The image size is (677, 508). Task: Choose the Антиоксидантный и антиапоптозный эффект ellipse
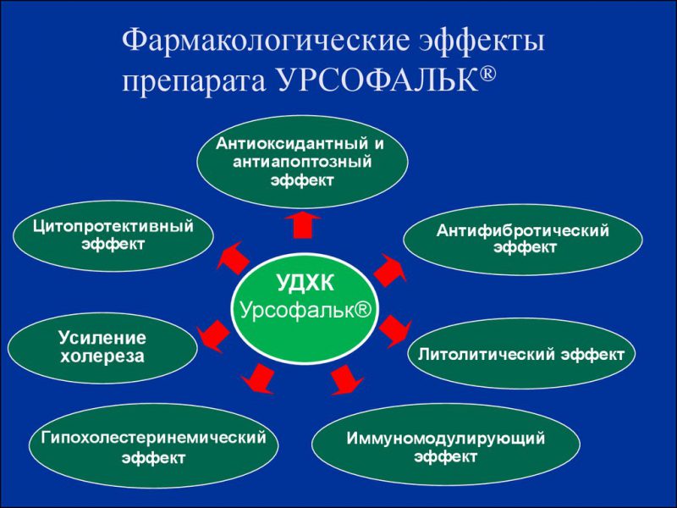pos(302,162)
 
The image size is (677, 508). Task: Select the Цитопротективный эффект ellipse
pos(113,235)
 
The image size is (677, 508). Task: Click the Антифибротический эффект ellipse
pos(522,239)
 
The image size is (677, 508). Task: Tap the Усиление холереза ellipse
pos(102,347)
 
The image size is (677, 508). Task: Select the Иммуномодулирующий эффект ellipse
pos(445,448)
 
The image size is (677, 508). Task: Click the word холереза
pos(102,356)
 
